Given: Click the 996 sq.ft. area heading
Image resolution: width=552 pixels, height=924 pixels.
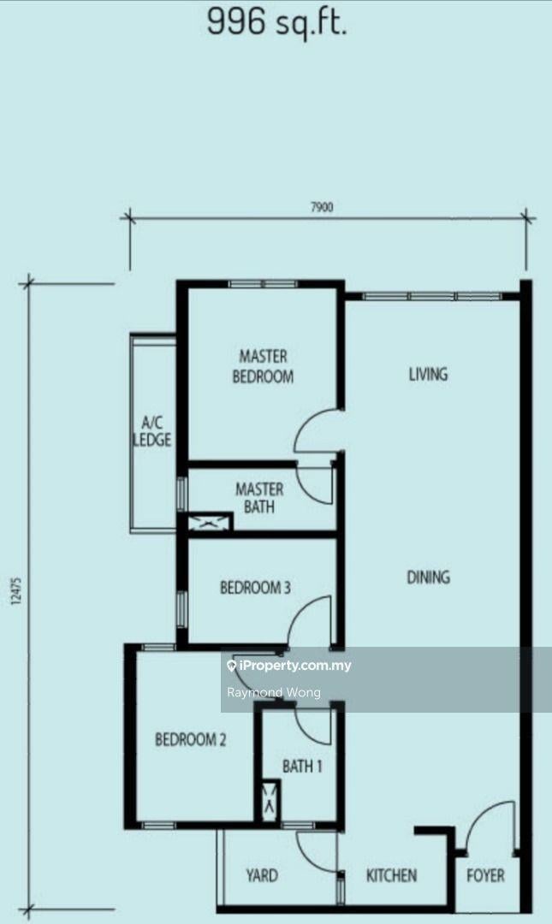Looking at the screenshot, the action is [x=276, y=24].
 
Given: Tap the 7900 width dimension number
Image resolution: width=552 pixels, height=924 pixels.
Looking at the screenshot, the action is [x=322, y=207].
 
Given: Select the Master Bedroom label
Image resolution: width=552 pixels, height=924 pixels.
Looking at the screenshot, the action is [x=263, y=366].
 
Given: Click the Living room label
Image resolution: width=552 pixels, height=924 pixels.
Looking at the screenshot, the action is [x=428, y=374].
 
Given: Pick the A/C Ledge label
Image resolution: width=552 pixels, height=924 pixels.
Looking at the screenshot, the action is [x=152, y=431].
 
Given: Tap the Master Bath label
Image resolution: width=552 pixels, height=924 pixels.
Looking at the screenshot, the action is [x=259, y=497].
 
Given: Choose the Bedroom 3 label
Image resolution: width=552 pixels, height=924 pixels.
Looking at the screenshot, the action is [x=255, y=588].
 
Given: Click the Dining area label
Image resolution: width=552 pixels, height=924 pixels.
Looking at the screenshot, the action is [x=428, y=577].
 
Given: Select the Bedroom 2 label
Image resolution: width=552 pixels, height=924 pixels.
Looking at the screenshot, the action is [x=191, y=739].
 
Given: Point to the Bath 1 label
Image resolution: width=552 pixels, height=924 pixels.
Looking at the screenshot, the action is [x=302, y=766].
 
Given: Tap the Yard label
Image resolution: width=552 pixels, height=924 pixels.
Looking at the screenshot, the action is [x=262, y=875].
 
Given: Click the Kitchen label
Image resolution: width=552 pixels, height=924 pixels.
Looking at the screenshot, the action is [x=392, y=875].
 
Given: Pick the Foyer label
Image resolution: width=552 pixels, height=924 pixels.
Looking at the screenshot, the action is [x=485, y=875].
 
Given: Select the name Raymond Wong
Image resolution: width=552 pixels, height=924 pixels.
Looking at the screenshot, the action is [x=274, y=692].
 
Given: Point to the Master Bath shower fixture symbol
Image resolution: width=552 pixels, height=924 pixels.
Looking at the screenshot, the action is [x=210, y=522].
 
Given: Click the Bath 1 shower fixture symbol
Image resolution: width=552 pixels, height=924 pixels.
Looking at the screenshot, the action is [x=270, y=801].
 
